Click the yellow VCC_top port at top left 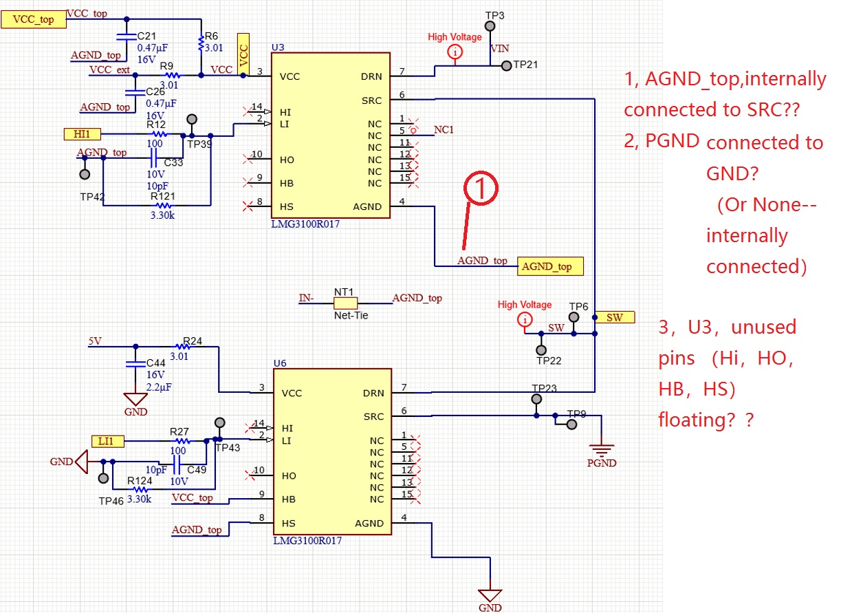pos(34,19)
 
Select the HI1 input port pos(82,133)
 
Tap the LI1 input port pos(108,441)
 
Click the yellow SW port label pos(615,317)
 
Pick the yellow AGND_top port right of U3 pos(550,266)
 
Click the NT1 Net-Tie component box pos(345,303)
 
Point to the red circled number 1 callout pos(481,188)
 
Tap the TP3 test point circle pos(490,26)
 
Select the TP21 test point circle pos(506,66)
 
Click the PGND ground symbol pos(602,449)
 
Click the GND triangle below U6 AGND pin pos(490,595)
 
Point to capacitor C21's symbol pos(127,36)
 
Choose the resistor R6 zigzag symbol pos(201,43)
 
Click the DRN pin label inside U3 pos(371,76)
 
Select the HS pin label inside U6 pos(289,523)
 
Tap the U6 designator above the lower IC pos(280,363)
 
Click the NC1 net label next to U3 pos(444,129)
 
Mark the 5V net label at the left pos(95,341)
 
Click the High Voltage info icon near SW pos(525,320)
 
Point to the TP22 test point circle pos(541,350)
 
